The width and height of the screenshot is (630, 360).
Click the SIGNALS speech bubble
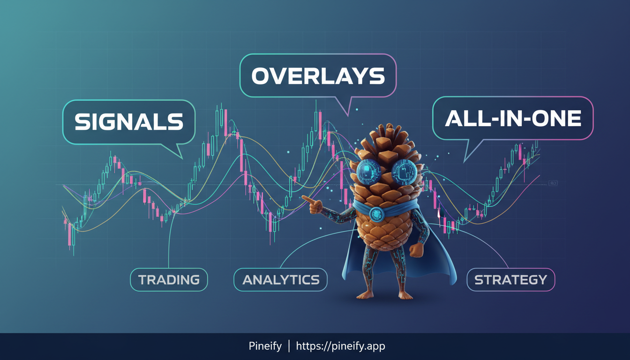(x=128, y=122)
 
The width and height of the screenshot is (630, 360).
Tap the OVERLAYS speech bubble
(x=318, y=76)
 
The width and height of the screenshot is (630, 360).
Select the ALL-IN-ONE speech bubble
(x=513, y=119)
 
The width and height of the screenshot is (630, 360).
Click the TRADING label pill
(x=169, y=280)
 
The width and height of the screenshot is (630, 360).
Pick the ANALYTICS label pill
(x=281, y=280)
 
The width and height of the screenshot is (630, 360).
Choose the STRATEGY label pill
(x=510, y=280)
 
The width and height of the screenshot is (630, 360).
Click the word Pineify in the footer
(x=265, y=346)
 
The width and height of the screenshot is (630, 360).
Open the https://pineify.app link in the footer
(x=342, y=346)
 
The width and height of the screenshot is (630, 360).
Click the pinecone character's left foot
(x=365, y=295)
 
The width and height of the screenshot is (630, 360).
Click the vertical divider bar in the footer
(x=289, y=346)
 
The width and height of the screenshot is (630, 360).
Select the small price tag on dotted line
(x=553, y=184)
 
